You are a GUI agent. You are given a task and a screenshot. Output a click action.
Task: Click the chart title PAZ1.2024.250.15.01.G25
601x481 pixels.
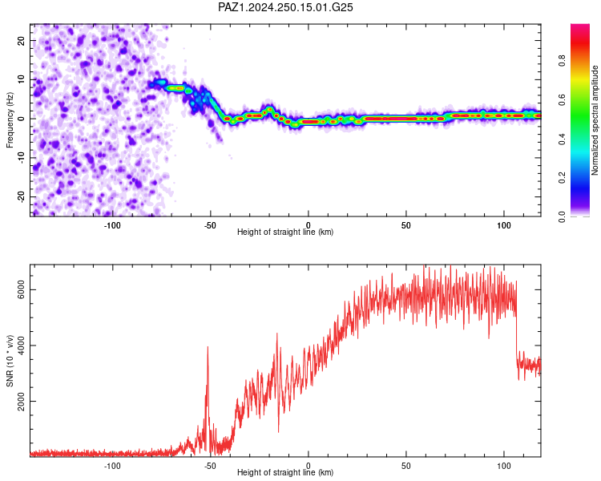coord(285,7)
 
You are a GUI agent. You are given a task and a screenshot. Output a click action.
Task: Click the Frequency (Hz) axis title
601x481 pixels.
coord(10,120)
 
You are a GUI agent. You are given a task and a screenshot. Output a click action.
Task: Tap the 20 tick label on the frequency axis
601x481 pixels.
coord(21,40)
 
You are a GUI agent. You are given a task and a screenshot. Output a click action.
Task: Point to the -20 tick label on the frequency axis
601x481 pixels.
coord(21,196)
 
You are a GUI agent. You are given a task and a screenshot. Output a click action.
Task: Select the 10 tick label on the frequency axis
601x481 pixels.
coord(21,79)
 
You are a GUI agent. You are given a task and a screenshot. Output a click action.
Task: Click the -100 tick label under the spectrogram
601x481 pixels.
coord(112,225)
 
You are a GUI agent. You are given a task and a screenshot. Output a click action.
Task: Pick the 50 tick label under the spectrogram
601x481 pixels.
coord(406,225)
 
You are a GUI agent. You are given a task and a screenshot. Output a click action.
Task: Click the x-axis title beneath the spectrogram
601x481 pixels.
coord(285,232)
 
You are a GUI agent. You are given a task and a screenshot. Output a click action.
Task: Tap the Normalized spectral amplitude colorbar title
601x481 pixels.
coord(595,120)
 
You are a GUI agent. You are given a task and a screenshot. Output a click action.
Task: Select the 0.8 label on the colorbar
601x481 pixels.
coord(562,61)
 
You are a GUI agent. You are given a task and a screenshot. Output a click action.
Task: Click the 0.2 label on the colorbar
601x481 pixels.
coord(562,178)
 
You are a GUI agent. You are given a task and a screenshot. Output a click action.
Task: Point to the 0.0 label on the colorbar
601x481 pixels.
coord(562,216)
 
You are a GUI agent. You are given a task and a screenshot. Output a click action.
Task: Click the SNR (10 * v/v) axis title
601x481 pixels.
coord(10,361)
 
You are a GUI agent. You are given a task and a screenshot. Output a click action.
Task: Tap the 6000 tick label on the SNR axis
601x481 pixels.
coord(21,289)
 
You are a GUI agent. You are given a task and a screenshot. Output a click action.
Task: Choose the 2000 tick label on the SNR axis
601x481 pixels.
coord(21,401)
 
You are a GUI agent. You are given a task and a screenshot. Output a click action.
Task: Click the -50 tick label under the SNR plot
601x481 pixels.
coord(210,466)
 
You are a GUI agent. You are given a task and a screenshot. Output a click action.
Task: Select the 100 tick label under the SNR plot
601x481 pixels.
coord(504,466)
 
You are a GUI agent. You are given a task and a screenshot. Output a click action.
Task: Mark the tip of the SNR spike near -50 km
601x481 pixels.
coord(208,346)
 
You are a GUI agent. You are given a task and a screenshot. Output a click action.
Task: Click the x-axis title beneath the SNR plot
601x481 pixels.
coord(285,472)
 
